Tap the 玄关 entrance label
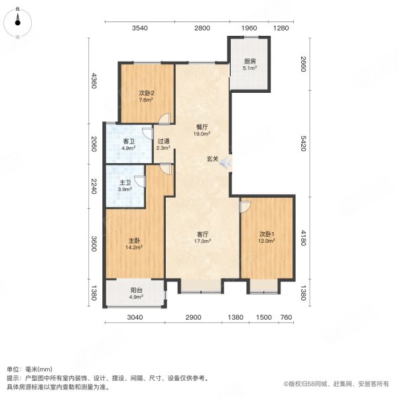pyautogui.click(x=212, y=159)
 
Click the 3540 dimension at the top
pyautogui.click(x=139, y=28)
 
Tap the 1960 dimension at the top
pyautogui.click(x=249, y=28)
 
